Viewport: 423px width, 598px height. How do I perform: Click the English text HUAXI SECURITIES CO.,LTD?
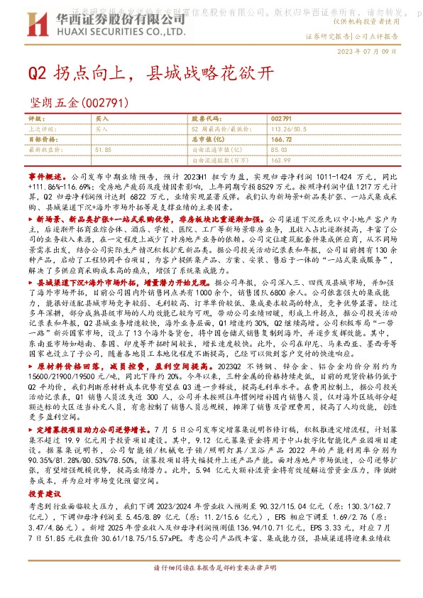coord(107,29)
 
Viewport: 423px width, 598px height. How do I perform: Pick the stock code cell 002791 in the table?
coord(281,119)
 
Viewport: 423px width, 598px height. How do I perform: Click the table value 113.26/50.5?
coord(293,130)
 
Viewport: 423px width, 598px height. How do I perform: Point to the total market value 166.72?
coord(282,141)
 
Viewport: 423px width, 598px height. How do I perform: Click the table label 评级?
coord(37,119)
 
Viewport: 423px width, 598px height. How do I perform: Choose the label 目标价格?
coord(42,141)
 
